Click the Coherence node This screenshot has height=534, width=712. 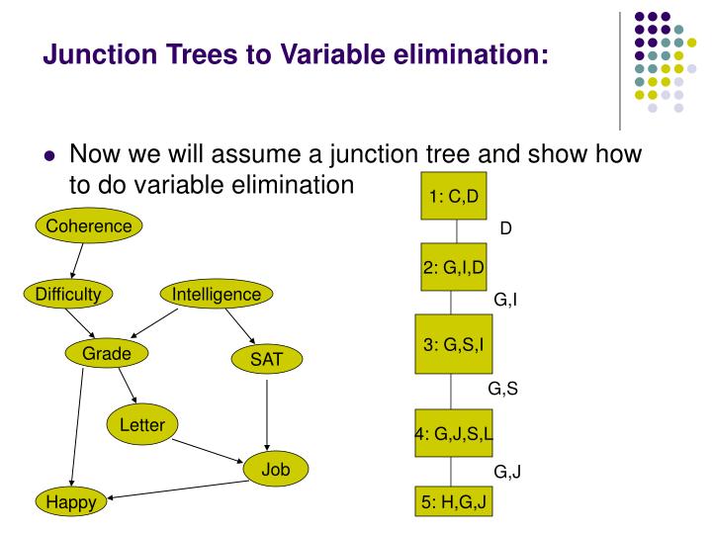tap(89, 226)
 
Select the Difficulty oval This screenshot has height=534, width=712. tap(68, 294)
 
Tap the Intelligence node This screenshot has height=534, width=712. tap(216, 294)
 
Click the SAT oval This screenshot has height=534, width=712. tap(266, 360)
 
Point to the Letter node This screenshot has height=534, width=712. tap(141, 425)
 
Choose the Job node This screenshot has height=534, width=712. tap(275, 469)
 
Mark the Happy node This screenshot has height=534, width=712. tap(71, 502)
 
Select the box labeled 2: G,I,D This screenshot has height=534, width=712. tap(454, 267)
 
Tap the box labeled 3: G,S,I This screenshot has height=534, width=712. tap(454, 345)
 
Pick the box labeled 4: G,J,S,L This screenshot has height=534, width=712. tap(454, 433)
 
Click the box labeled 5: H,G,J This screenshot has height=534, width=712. tap(454, 501)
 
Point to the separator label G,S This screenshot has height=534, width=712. tap(503, 389)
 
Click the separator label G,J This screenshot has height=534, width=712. tap(507, 472)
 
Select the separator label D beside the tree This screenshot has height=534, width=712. tap(505, 228)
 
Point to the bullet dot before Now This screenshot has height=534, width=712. tap(50, 158)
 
